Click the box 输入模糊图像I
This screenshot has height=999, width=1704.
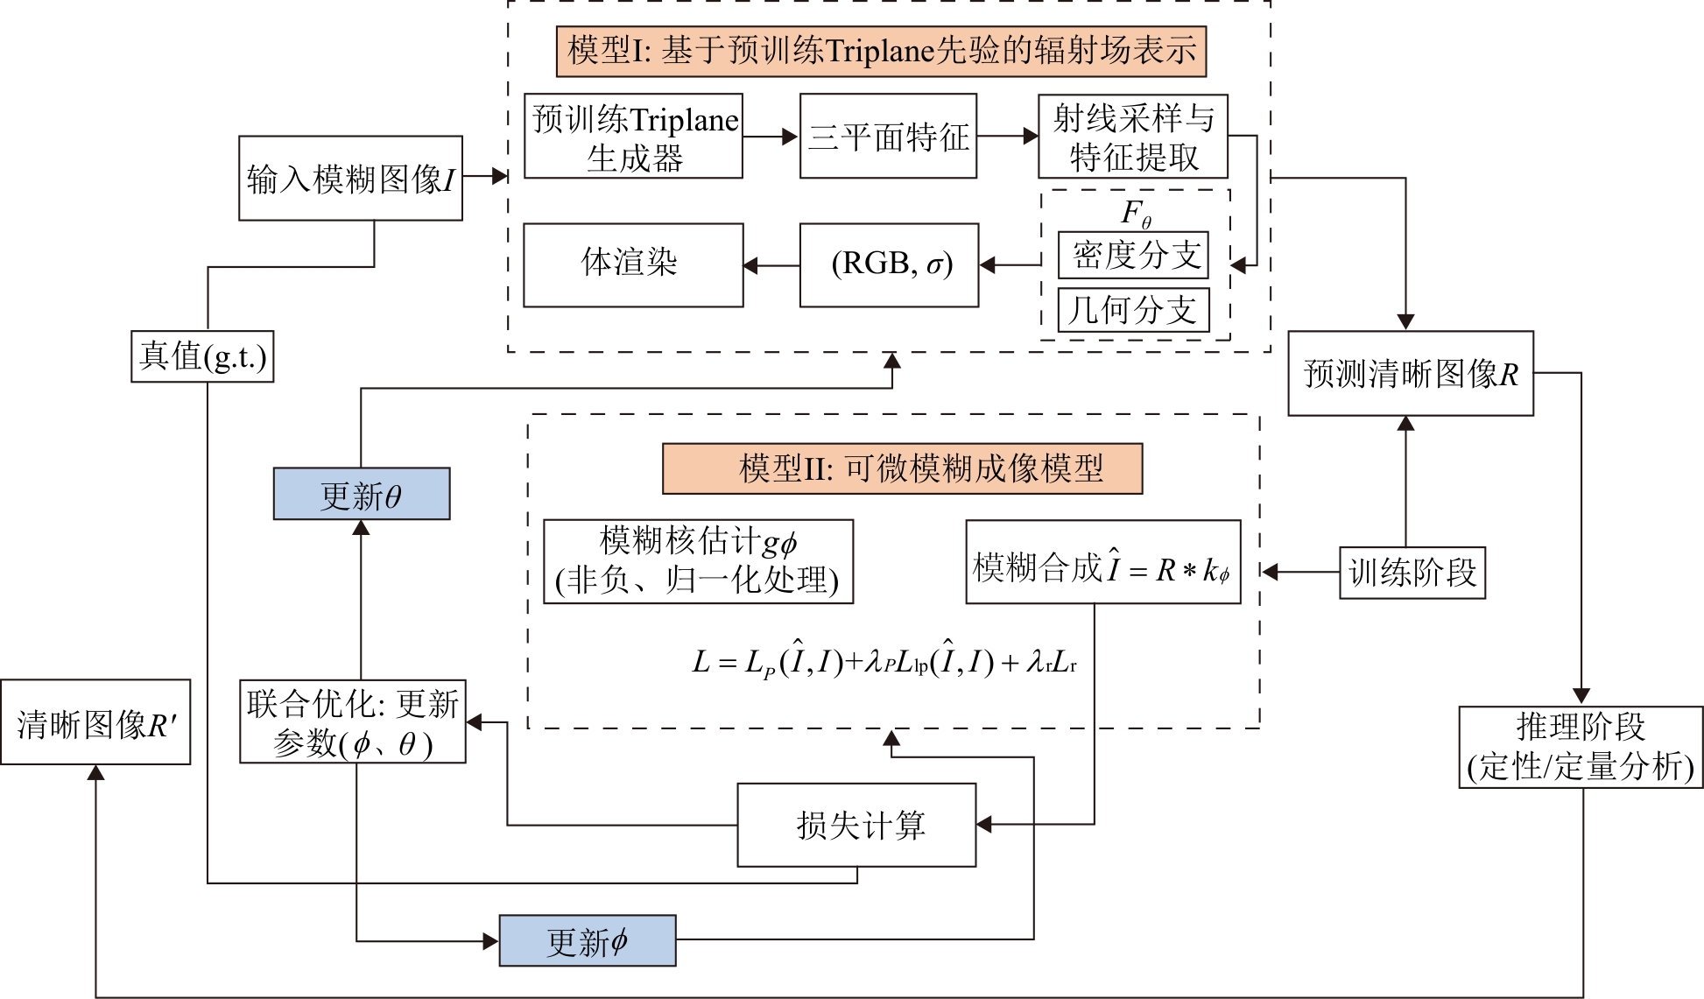click(x=350, y=178)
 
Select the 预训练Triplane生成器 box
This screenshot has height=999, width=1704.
click(x=633, y=137)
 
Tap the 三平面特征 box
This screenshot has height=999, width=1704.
click(x=888, y=137)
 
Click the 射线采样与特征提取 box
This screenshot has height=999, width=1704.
click(x=1133, y=137)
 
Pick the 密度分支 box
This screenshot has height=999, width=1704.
click(x=1133, y=255)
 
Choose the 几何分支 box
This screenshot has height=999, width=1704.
click(x=1133, y=310)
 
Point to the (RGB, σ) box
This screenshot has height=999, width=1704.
click(x=889, y=264)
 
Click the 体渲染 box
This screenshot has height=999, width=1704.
click(x=633, y=264)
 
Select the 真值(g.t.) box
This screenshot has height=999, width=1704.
click(x=202, y=356)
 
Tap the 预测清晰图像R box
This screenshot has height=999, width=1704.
click(x=1410, y=373)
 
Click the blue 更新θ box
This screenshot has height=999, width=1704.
click(x=362, y=494)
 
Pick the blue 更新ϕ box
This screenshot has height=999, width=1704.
click(x=587, y=941)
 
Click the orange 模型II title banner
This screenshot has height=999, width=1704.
click(x=902, y=469)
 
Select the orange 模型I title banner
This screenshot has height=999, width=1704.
click(x=881, y=51)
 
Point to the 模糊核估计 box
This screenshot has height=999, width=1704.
click(x=698, y=561)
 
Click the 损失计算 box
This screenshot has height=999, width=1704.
click(x=856, y=825)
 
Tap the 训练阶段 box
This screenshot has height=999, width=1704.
click(x=1412, y=573)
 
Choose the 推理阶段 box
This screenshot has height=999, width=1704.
click(x=1581, y=747)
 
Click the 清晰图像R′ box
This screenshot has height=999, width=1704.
click(x=95, y=722)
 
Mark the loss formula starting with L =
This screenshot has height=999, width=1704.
click(x=884, y=662)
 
